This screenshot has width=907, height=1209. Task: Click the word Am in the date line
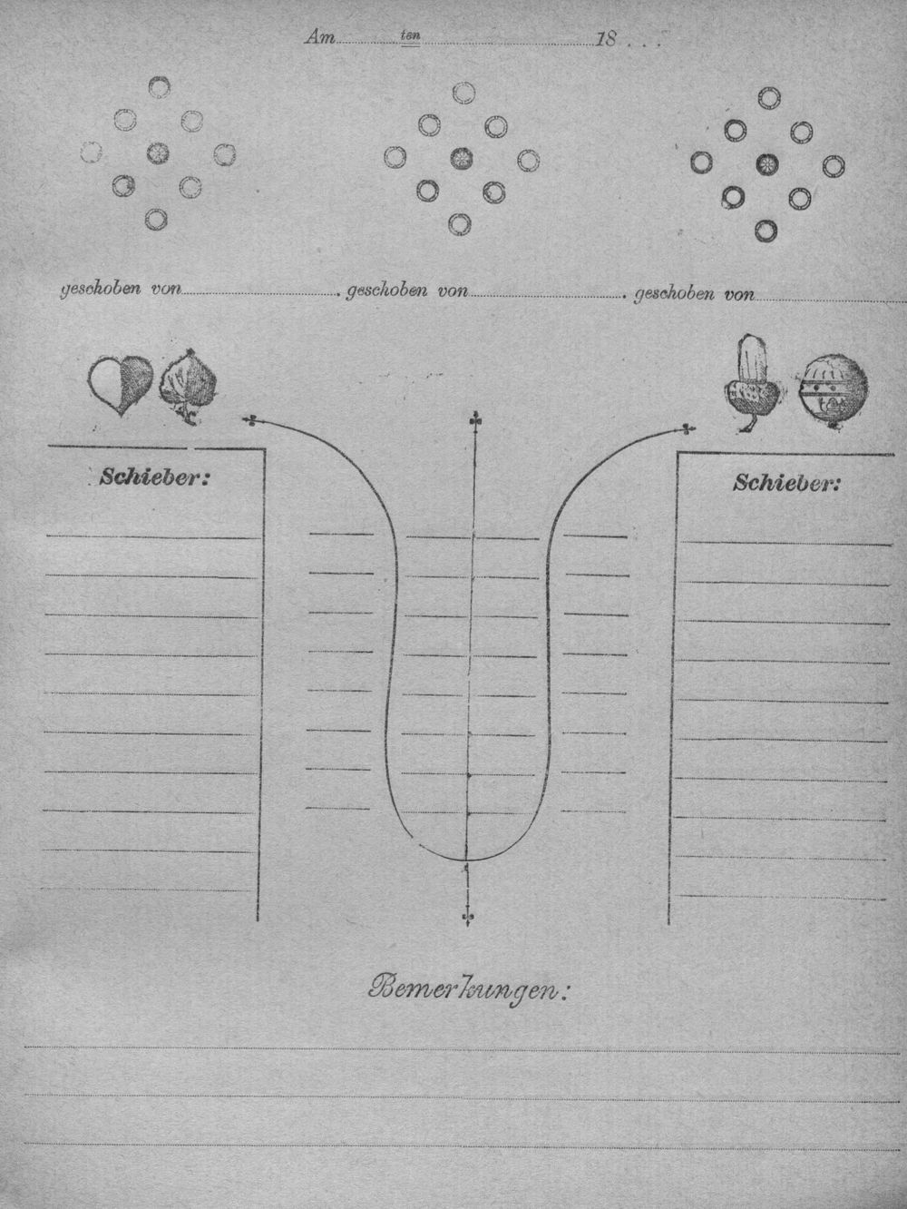click(318, 38)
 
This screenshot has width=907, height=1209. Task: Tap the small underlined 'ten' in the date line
click(411, 35)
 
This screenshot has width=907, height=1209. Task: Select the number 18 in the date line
click(606, 39)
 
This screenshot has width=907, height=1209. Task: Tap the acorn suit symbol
click(751, 383)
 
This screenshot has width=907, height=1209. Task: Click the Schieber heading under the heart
click(154, 477)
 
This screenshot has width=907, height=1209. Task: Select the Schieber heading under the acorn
click(786, 483)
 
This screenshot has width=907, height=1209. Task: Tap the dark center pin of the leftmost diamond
click(158, 152)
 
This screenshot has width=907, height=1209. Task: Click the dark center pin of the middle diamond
click(461, 159)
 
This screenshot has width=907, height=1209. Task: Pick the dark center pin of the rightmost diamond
click(766, 163)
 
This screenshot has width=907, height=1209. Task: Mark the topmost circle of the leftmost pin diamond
click(159, 86)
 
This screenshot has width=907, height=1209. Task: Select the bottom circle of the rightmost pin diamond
click(766, 231)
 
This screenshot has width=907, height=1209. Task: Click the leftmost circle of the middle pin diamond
click(395, 157)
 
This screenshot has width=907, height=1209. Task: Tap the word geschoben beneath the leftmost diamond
click(100, 290)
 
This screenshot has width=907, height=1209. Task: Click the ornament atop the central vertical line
click(473, 421)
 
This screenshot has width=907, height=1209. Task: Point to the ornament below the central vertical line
click(468, 917)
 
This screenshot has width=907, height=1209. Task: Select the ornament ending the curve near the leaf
click(251, 421)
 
